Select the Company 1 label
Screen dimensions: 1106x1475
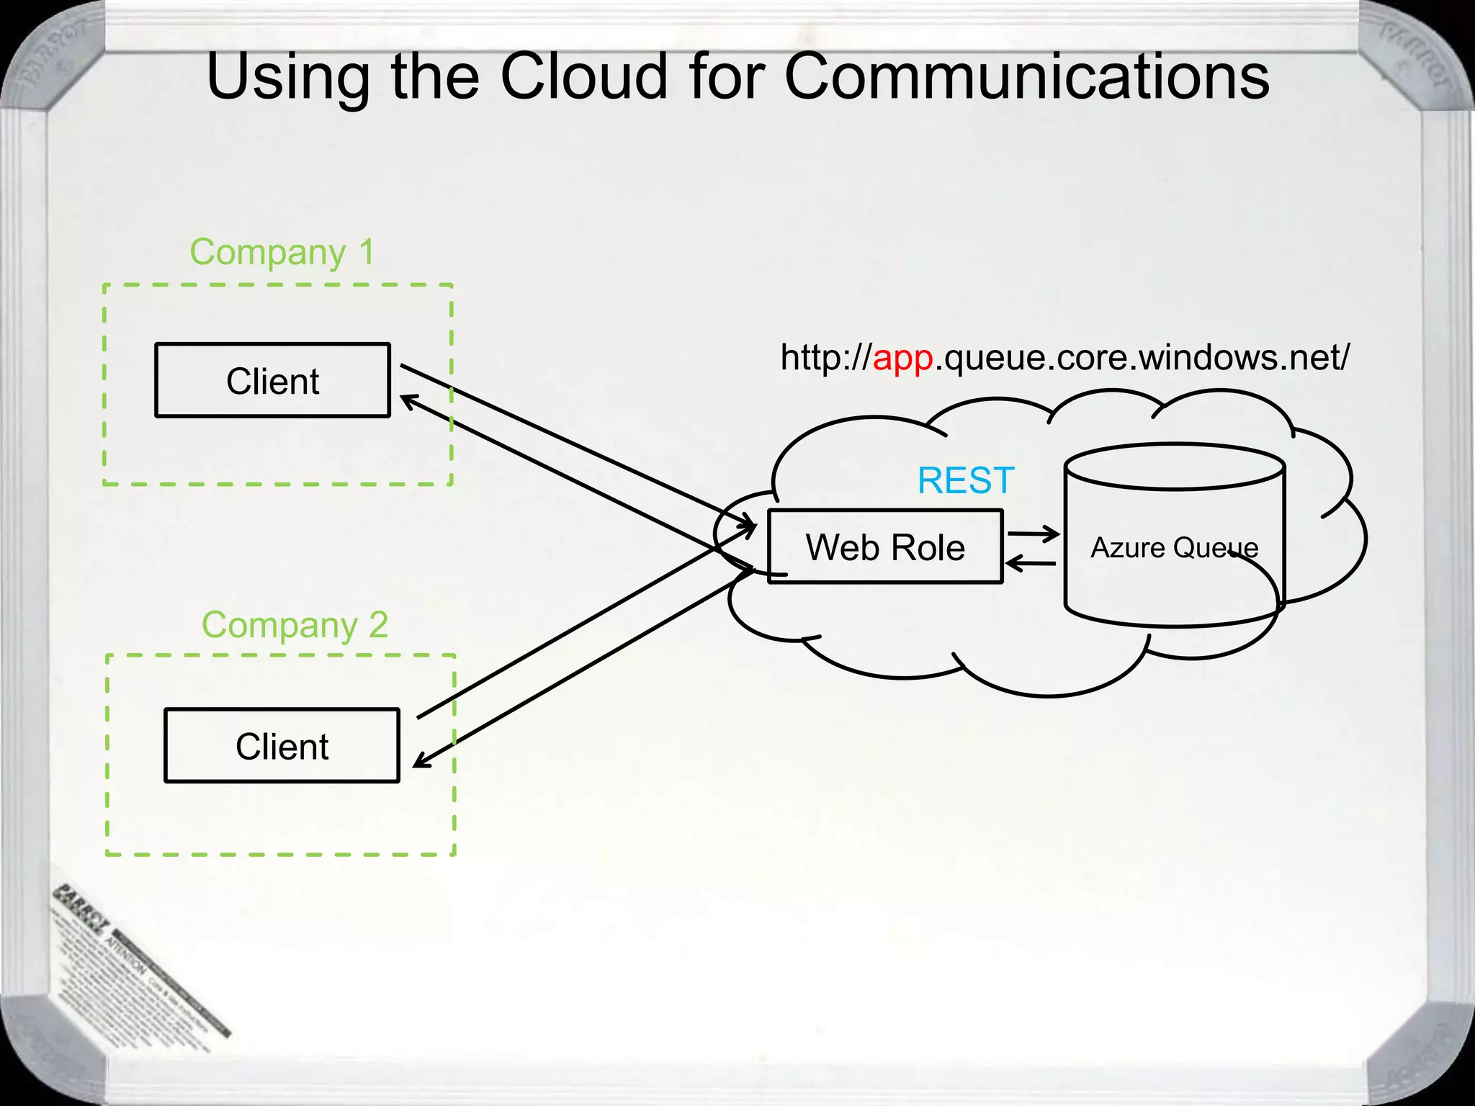pyautogui.click(x=282, y=253)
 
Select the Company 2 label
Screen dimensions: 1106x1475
pyautogui.click(x=295, y=625)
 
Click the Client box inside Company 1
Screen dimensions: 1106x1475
pyautogui.click(x=272, y=381)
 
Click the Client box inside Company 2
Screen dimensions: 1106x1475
pyautogui.click(x=282, y=746)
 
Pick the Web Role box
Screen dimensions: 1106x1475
pyautogui.click(x=884, y=547)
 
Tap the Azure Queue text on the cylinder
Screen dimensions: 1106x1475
pyautogui.click(x=1173, y=548)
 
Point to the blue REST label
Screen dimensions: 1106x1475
pyautogui.click(x=965, y=480)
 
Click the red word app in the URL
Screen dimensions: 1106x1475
pyautogui.click(x=902, y=357)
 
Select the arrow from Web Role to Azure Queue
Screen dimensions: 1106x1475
pyautogui.click(x=1034, y=534)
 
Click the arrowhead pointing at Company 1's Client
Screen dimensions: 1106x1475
pyautogui.click(x=408, y=400)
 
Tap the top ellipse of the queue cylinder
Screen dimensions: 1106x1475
pyautogui.click(x=1174, y=467)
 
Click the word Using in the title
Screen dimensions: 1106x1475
pyautogui.click(x=287, y=78)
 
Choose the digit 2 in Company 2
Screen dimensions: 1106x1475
pyautogui.click(x=378, y=625)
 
